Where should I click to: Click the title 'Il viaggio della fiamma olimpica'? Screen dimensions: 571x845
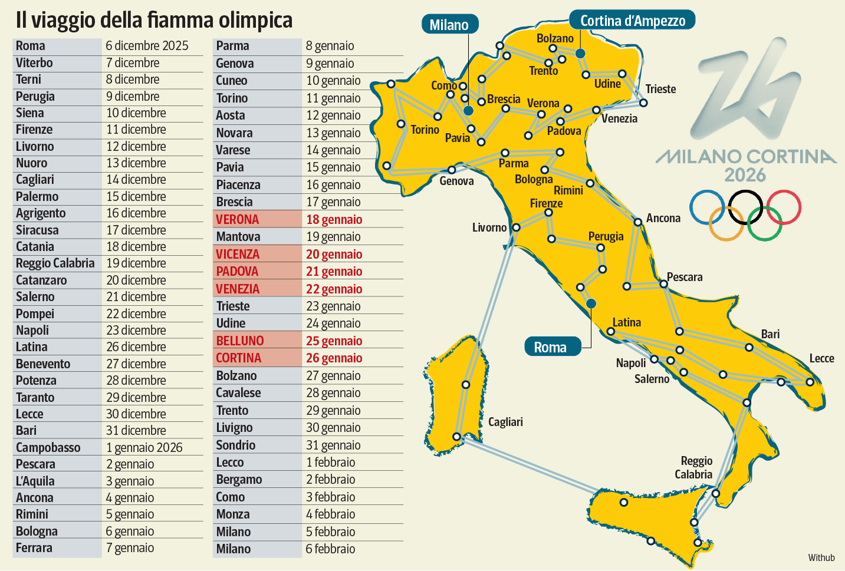click(154, 20)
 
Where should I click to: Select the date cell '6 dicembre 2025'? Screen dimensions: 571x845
click(147, 46)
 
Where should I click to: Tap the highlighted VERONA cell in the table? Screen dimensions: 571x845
click(238, 220)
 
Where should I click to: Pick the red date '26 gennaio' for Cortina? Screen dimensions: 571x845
click(334, 358)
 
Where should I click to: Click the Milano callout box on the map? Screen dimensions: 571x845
click(449, 25)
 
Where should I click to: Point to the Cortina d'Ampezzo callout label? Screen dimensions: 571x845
click(632, 21)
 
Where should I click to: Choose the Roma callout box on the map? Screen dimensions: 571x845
click(550, 347)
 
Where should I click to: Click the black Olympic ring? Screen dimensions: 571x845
click(745, 207)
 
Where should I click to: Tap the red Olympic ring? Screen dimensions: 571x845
click(784, 207)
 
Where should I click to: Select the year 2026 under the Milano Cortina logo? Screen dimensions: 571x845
click(745, 175)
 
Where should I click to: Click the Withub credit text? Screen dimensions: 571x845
click(821, 557)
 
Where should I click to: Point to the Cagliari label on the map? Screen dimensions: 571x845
click(505, 422)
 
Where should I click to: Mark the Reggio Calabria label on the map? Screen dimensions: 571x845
click(694, 467)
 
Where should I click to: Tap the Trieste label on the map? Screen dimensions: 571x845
click(660, 89)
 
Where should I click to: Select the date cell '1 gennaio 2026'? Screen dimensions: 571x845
click(144, 448)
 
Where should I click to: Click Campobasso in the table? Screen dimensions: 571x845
click(48, 448)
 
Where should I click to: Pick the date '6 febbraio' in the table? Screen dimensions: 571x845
click(330, 549)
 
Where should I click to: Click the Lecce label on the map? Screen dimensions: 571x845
click(821, 358)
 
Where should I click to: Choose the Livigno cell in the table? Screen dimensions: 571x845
click(234, 428)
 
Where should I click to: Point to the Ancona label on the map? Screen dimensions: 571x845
click(663, 218)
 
